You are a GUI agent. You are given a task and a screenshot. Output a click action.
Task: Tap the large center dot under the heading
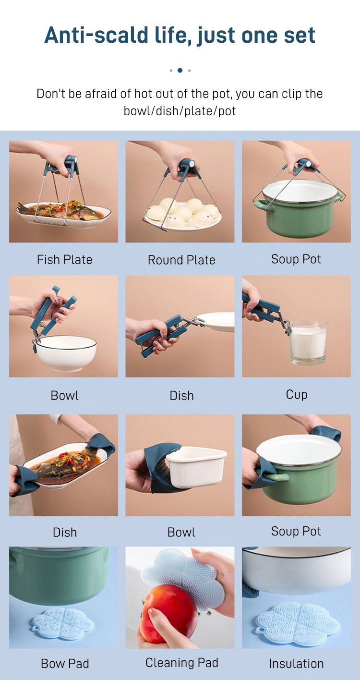point(180,71)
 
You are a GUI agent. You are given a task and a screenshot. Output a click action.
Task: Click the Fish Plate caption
point(64,260)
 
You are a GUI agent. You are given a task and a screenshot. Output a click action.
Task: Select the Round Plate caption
point(181,260)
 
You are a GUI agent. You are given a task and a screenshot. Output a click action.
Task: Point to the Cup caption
point(297,395)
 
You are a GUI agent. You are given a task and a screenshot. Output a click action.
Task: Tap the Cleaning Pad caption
point(181,662)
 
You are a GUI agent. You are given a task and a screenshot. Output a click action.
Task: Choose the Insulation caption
point(296,664)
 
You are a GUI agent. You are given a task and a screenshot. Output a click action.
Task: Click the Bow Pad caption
point(65,664)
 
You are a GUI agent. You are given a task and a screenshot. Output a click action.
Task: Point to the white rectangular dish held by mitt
point(196,467)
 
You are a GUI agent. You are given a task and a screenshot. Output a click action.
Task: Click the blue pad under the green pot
point(63,623)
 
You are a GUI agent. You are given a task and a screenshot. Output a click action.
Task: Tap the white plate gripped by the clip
point(216,322)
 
